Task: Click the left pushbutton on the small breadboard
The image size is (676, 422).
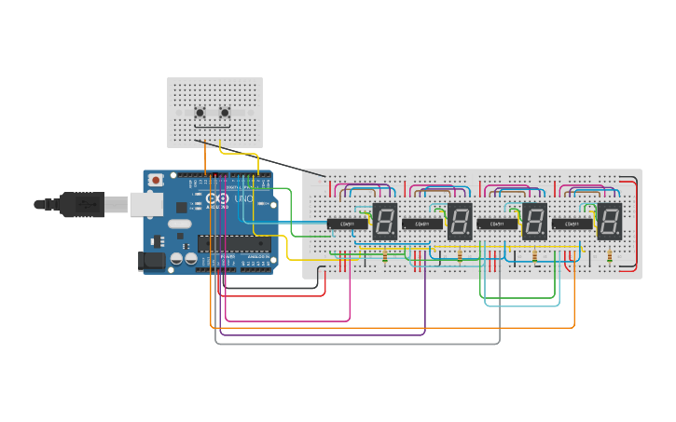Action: [200, 113]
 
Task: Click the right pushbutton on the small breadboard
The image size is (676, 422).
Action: [225, 113]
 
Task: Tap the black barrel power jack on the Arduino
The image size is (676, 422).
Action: [151, 261]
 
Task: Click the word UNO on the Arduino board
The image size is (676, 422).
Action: [242, 198]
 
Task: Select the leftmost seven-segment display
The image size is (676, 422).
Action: [385, 222]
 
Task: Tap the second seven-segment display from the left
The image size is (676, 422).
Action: [460, 222]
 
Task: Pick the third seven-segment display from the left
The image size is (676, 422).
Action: [534, 222]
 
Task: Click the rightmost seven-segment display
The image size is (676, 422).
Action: [609, 222]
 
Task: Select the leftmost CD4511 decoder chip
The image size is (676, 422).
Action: [347, 224]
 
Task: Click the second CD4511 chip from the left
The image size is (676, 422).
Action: [422, 224]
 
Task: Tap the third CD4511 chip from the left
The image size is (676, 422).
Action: [497, 224]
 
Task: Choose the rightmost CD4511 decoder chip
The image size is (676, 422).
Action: [572, 224]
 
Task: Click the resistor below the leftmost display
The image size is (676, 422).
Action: [385, 256]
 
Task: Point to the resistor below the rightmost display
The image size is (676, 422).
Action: [609, 256]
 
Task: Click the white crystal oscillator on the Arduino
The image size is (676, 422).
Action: [179, 224]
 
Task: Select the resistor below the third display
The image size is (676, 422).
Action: [534, 256]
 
